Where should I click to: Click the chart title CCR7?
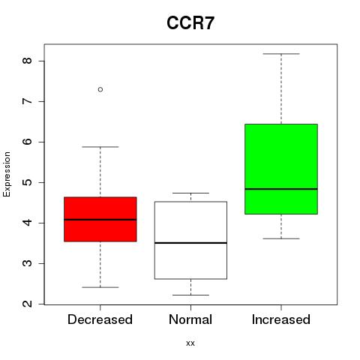(x=190, y=23)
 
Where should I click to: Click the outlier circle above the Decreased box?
(x=100, y=89)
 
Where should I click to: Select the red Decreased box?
(x=100, y=219)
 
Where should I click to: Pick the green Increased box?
(x=281, y=169)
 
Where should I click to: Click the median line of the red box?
(x=100, y=220)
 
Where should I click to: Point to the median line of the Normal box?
(x=190, y=243)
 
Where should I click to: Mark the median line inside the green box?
(x=281, y=189)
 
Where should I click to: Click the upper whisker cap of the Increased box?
(x=281, y=54)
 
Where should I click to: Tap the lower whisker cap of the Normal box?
(x=190, y=295)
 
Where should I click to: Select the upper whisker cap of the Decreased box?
(x=100, y=147)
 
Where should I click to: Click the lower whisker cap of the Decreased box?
(x=100, y=287)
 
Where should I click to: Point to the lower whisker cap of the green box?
(x=281, y=238)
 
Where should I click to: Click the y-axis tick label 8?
(x=27, y=61)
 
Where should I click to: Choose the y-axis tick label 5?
(x=27, y=182)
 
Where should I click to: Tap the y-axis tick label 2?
(x=27, y=304)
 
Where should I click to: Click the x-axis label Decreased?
(x=100, y=319)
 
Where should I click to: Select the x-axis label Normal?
(x=190, y=319)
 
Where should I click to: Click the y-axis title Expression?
(x=7, y=174)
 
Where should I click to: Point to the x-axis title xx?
(x=190, y=343)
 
